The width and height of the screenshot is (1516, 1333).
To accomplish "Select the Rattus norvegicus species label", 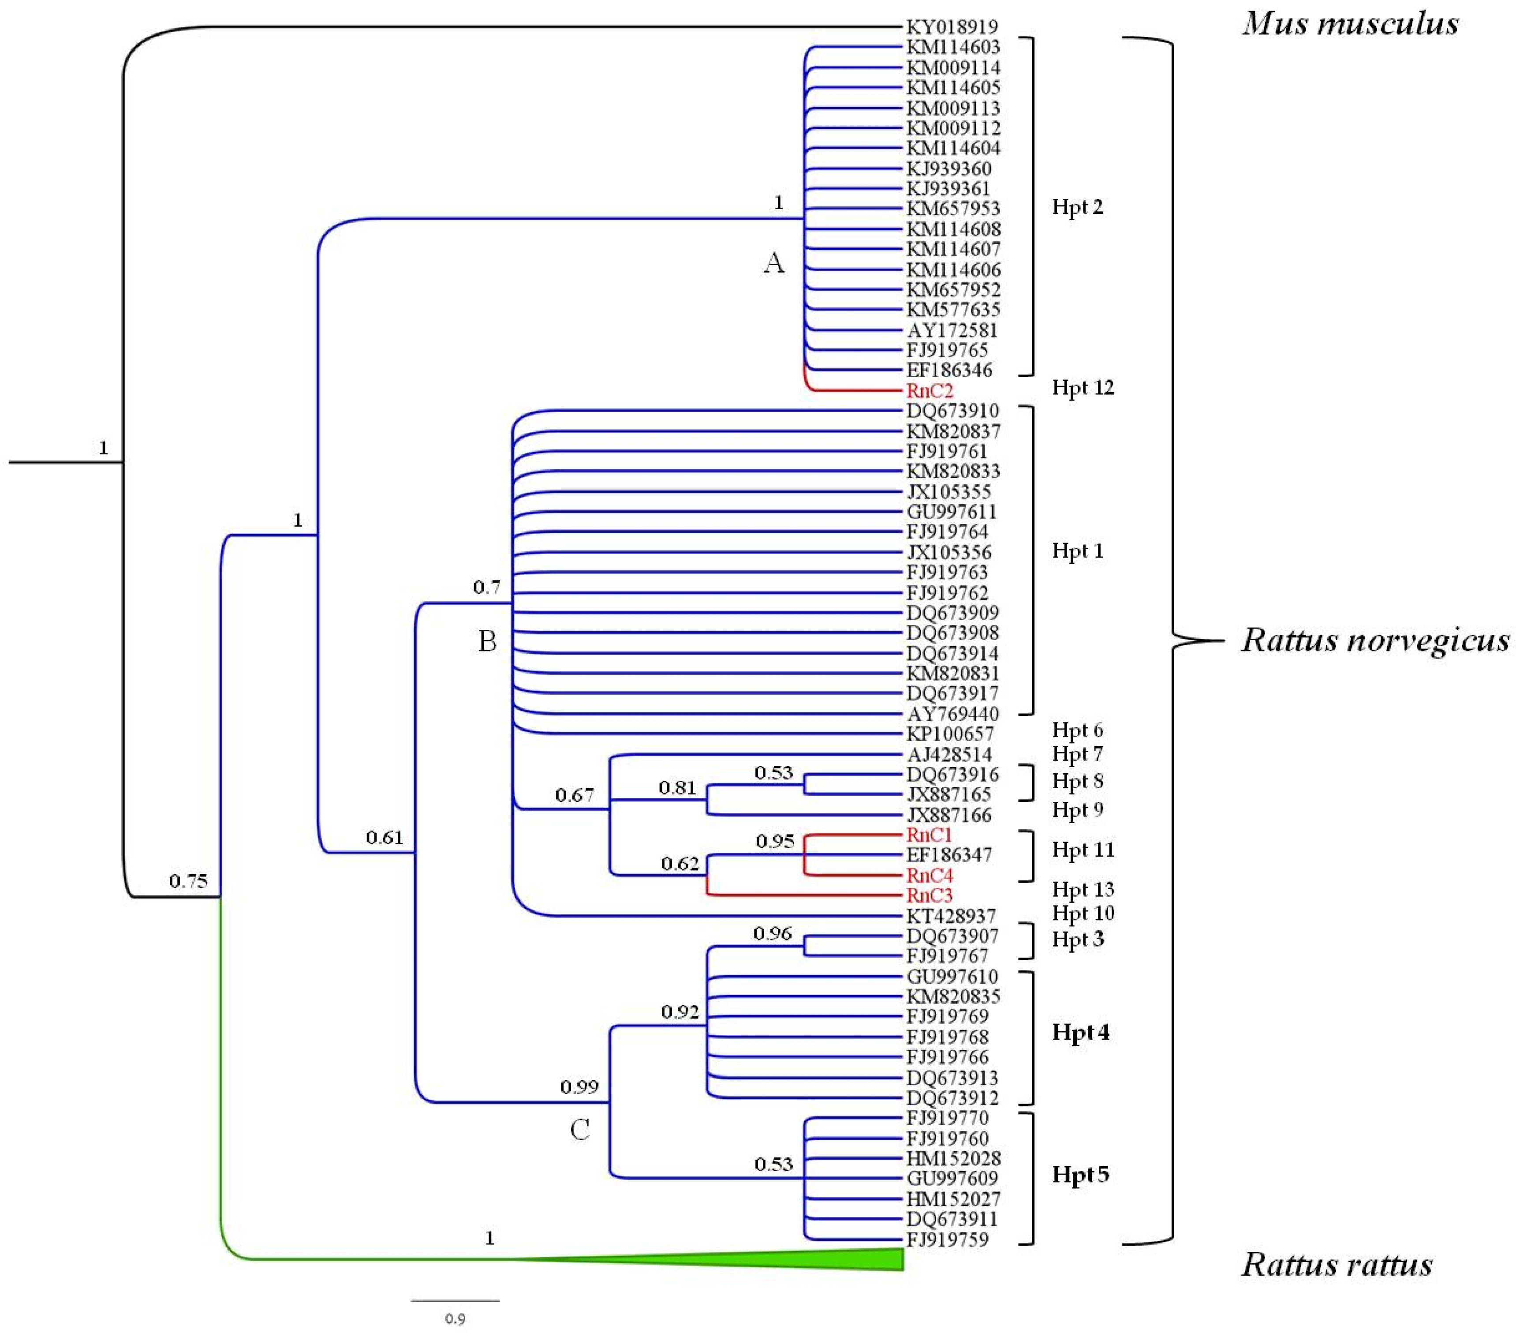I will (x=1375, y=640).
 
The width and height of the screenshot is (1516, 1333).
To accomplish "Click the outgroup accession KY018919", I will (x=952, y=27).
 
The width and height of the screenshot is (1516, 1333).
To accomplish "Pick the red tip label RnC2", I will (x=930, y=390).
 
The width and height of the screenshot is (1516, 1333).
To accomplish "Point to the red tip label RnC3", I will (x=930, y=895).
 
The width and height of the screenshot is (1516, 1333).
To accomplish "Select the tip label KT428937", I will (x=951, y=916).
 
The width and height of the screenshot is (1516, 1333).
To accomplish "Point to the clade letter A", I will (x=773, y=262).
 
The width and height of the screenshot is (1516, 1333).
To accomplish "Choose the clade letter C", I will (x=580, y=1130).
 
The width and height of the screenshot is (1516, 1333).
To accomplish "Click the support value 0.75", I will (x=188, y=881).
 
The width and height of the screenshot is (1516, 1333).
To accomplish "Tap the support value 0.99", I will (x=579, y=1087).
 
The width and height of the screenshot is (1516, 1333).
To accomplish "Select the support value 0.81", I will (x=677, y=788).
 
